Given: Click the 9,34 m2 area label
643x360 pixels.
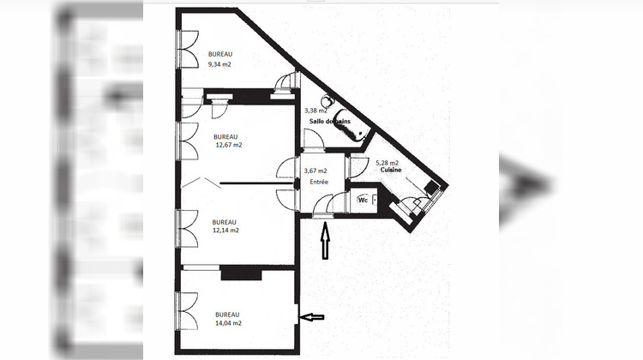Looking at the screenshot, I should pos(220,64).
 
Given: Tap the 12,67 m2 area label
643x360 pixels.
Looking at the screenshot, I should pos(228,145).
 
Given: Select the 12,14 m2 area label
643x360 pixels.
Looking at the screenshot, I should pos(225,230).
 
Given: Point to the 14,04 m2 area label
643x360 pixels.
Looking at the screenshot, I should pos(228,323).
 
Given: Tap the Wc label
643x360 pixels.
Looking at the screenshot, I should pos(362,200).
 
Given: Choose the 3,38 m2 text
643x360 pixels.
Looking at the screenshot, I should pos(316,111).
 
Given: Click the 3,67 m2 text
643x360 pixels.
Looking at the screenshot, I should pos(315,171).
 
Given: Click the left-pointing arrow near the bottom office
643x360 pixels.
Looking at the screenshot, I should pos(313,317).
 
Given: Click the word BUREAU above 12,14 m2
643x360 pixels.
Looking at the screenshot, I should pos(225,221).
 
